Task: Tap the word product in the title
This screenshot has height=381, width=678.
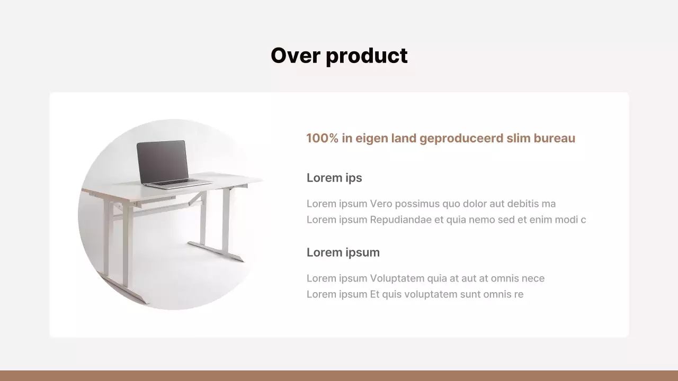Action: pos(367,56)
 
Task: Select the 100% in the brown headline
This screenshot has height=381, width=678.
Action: pos(322,139)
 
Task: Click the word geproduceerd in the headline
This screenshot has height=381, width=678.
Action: pos(461,139)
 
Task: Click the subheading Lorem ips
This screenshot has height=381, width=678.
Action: pos(334,178)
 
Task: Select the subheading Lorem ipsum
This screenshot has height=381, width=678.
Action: pos(343,252)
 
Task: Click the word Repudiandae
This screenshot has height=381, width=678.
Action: pos(401,220)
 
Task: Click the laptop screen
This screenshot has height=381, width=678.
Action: pos(162,161)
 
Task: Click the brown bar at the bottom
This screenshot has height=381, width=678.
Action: pos(339,376)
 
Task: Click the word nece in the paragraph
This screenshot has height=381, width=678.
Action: pos(533,278)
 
